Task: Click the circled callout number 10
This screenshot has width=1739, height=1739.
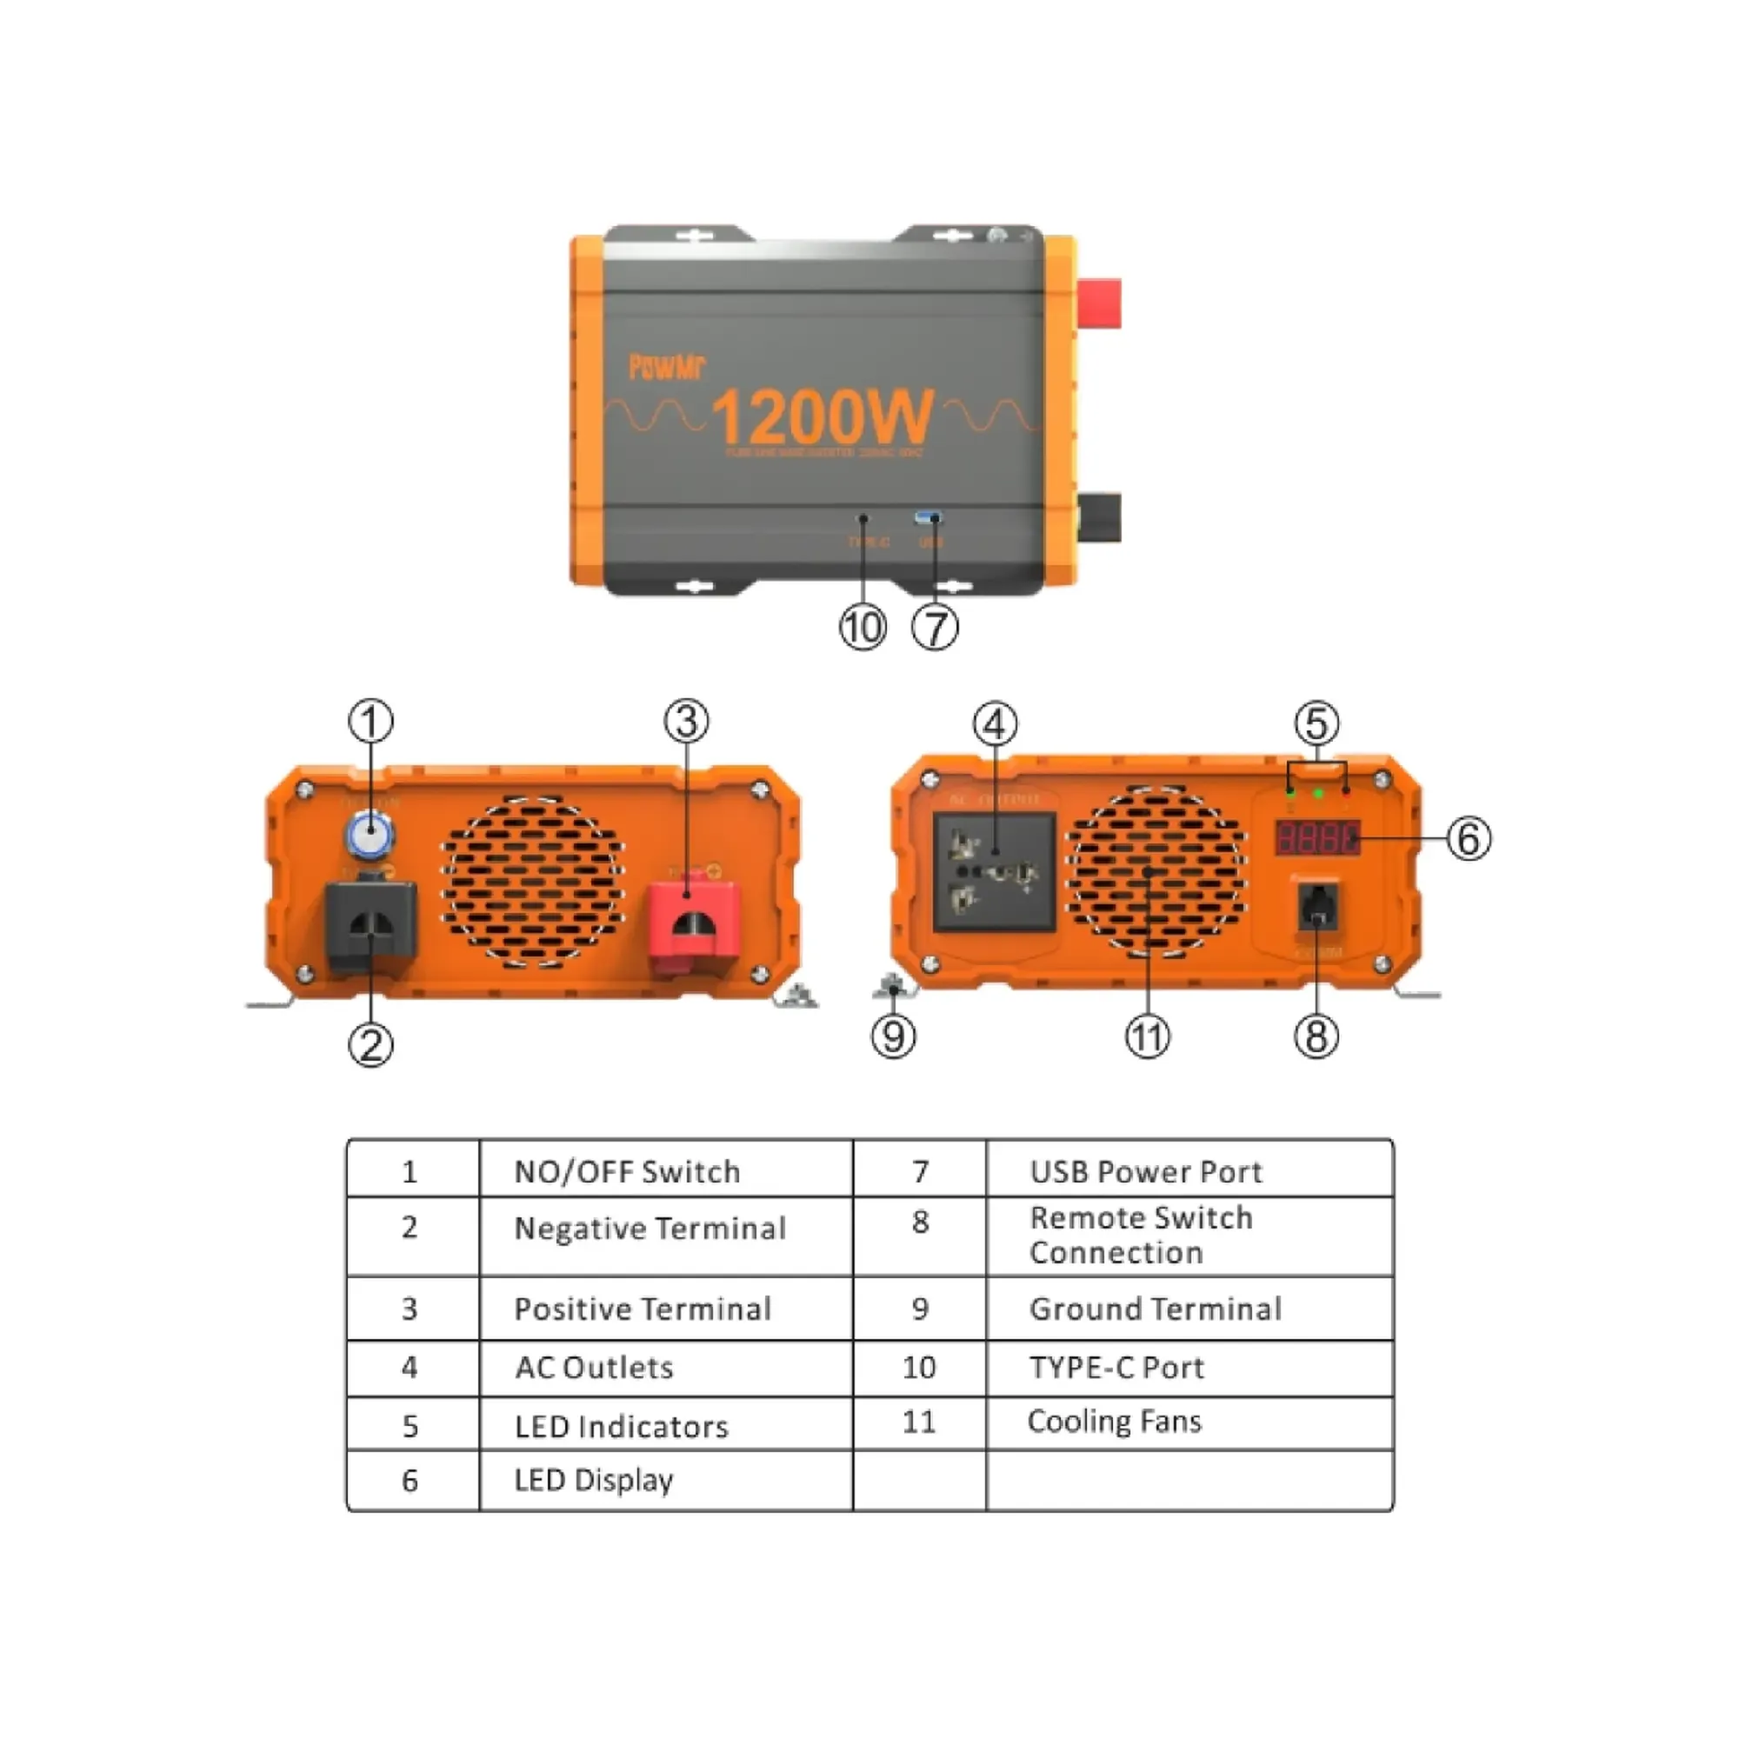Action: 863,628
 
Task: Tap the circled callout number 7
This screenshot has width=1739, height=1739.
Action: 936,628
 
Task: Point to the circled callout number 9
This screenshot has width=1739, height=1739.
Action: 893,1036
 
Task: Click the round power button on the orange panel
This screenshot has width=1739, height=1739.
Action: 370,835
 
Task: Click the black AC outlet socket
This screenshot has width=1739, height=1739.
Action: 995,871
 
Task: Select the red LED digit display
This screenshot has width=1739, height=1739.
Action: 1316,838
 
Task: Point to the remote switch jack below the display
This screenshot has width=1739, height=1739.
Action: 1316,907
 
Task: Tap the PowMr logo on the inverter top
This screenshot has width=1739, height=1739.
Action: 666,366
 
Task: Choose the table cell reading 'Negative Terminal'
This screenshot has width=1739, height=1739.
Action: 650,1229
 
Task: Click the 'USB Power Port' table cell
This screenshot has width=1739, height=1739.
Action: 1146,1172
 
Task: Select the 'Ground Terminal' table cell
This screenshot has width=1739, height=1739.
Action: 1155,1309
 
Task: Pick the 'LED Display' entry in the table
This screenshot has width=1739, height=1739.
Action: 594,1480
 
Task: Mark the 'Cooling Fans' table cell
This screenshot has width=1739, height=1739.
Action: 1115,1422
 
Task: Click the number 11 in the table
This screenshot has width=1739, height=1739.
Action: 919,1423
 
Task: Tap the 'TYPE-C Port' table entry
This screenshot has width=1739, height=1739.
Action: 1116,1367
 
